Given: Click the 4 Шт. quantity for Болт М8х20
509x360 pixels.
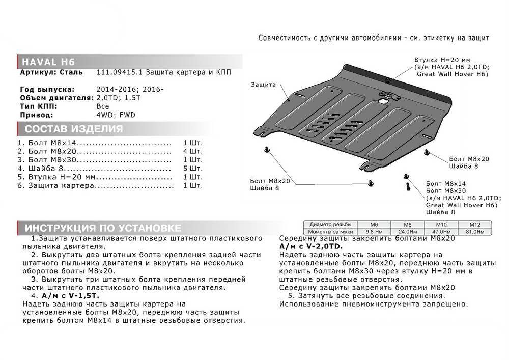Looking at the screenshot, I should [192, 152].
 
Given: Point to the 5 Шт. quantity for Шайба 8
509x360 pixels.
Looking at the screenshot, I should [192, 169].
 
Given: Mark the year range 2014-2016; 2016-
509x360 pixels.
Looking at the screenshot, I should [129, 90].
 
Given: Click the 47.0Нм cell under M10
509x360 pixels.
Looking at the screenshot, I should [441, 231].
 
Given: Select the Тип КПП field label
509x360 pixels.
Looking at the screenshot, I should [38, 106].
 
